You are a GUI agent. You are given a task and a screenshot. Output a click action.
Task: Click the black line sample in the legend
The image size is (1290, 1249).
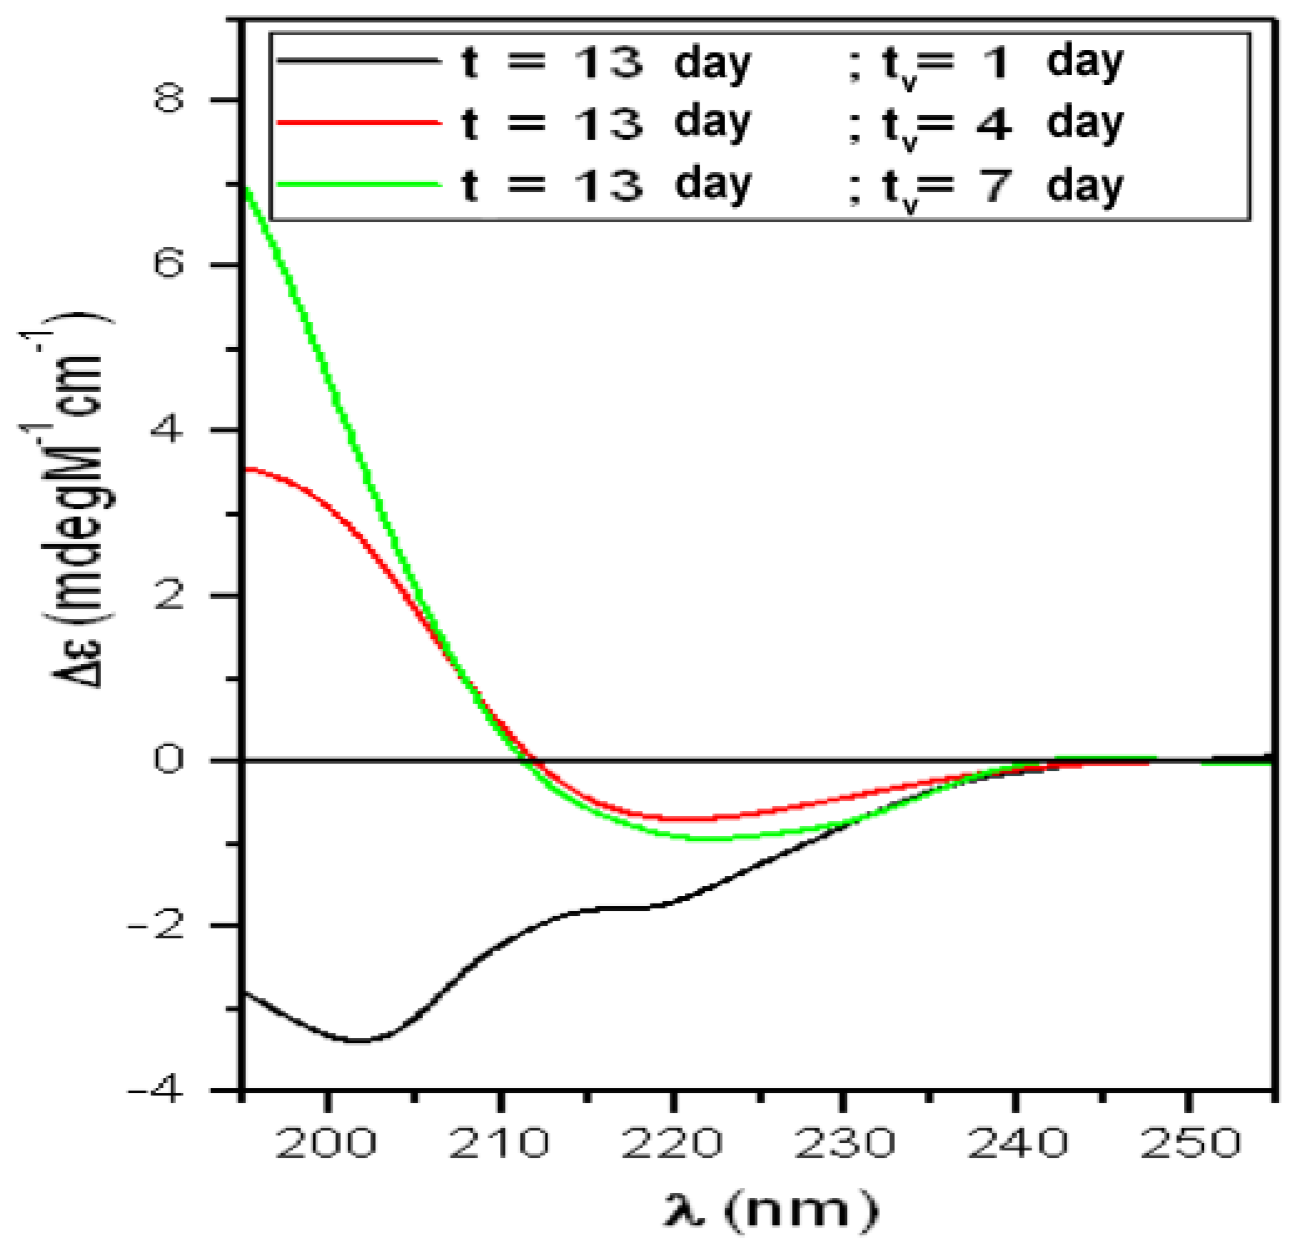[x=359, y=61]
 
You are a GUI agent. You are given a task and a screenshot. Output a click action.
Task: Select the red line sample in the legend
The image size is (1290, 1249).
[x=359, y=122]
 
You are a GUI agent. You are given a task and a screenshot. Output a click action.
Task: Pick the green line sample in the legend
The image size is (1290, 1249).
[x=359, y=184]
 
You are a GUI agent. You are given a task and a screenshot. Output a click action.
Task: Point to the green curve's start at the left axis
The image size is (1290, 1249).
[x=246, y=189]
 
